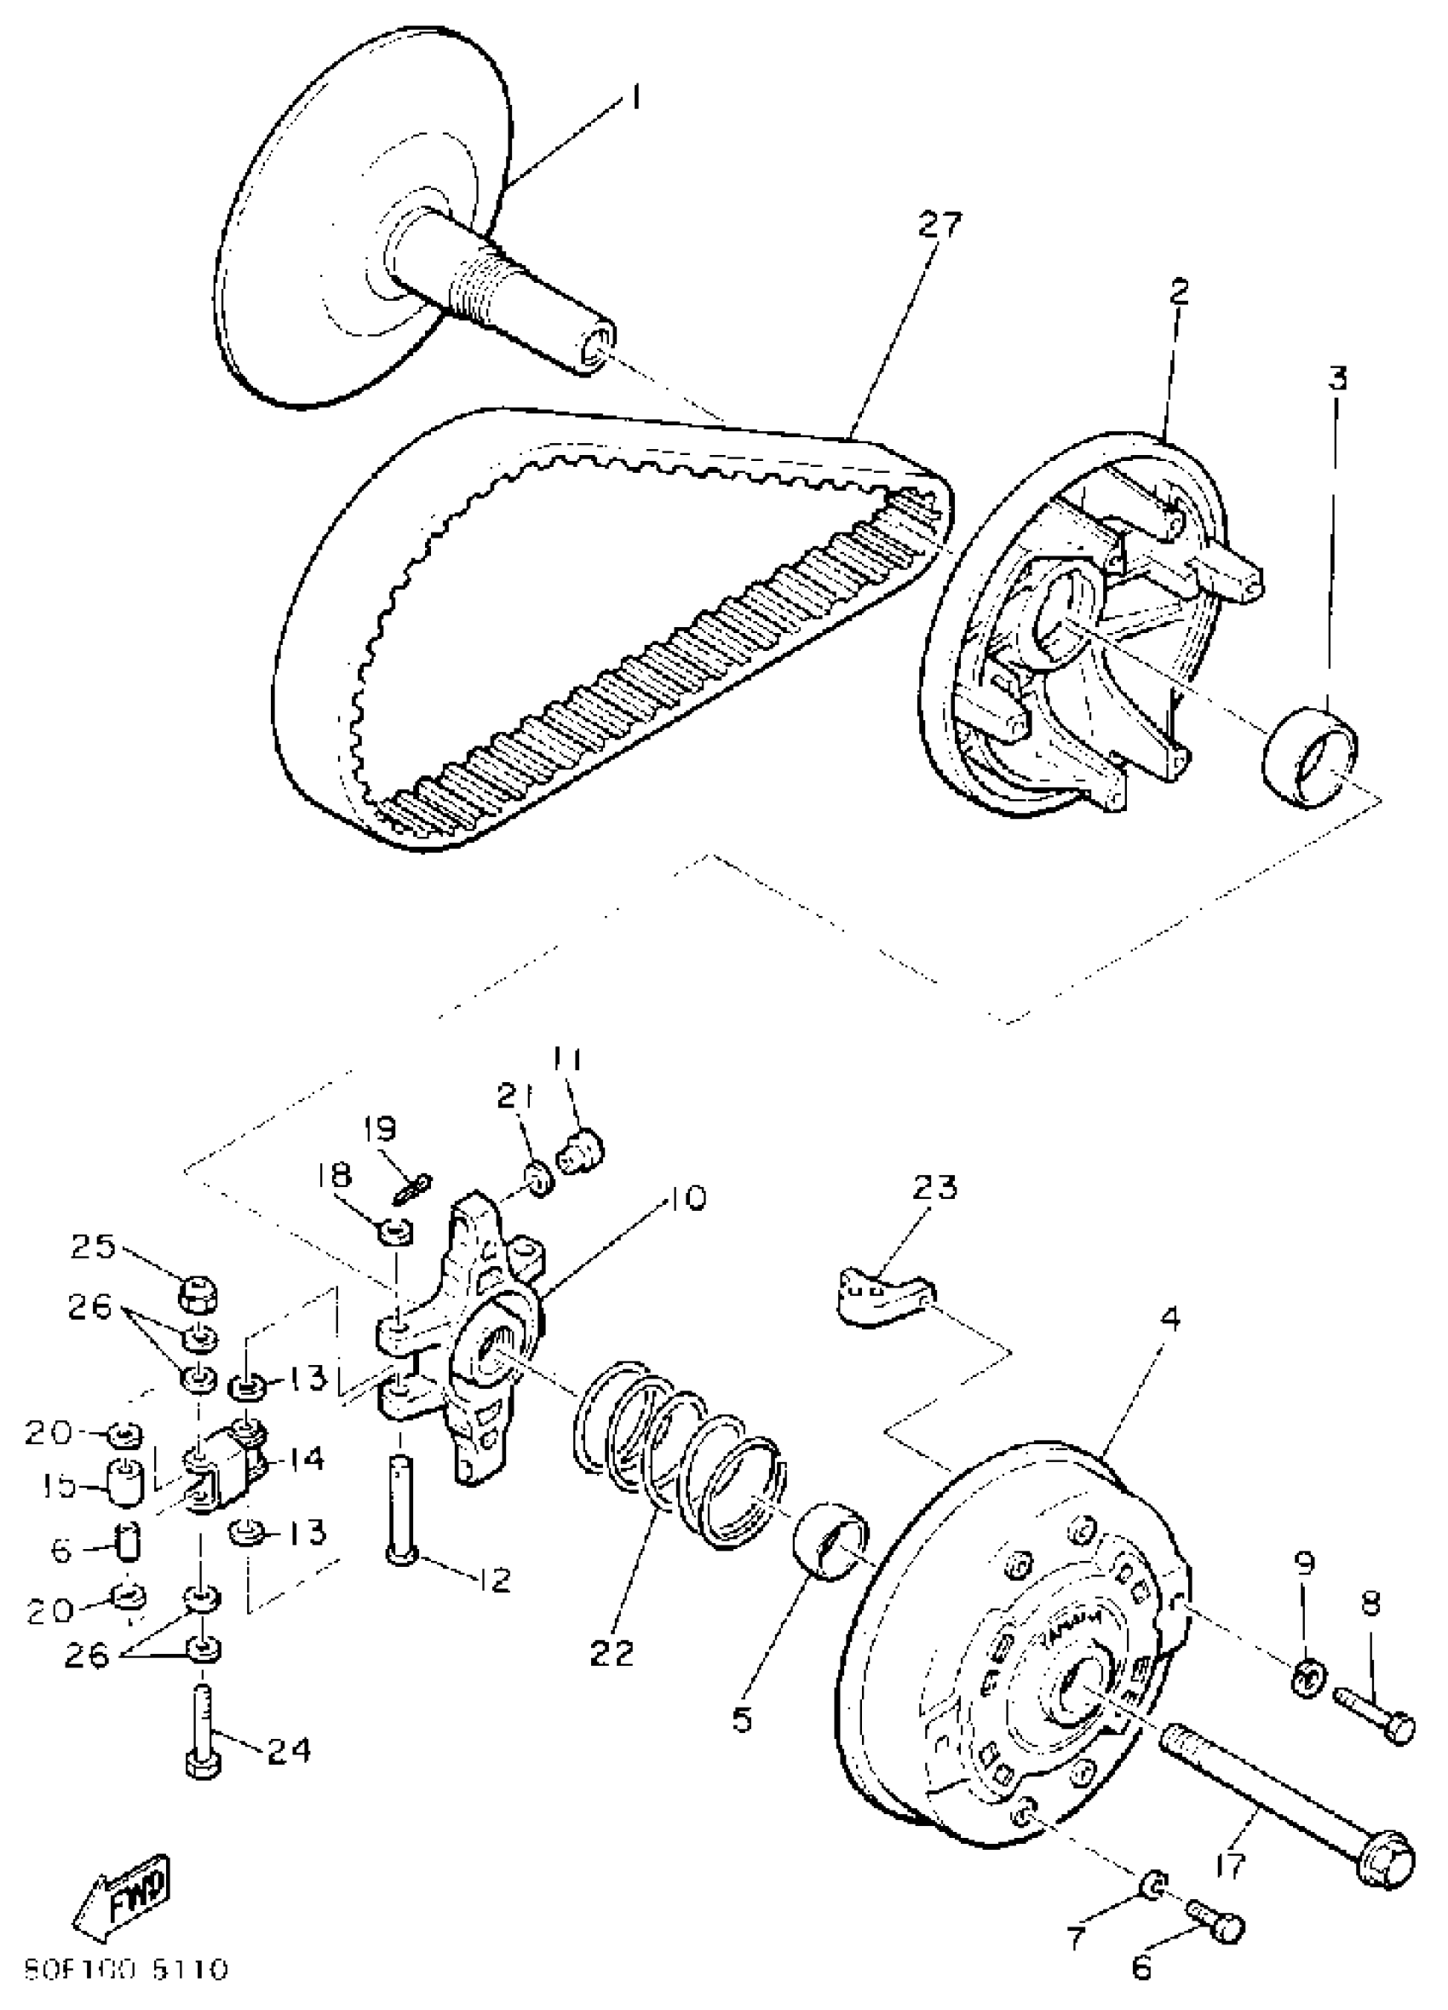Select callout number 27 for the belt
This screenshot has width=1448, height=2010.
point(939,225)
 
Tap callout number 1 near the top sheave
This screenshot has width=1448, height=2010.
point(635,96)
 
